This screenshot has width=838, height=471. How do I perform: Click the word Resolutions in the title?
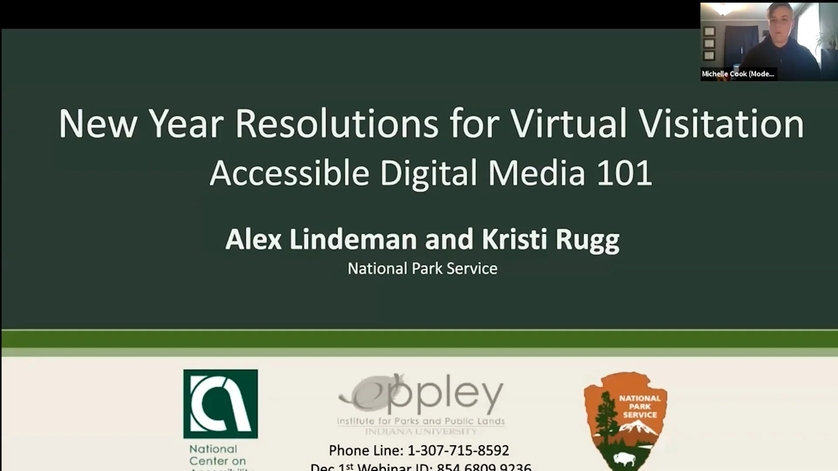[337, 124]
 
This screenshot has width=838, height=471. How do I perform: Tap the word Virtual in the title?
[569, 124]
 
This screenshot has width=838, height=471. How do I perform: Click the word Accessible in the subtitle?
[289, 173]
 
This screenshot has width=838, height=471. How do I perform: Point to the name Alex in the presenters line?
[254, 239]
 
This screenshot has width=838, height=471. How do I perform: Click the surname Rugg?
[587, 240]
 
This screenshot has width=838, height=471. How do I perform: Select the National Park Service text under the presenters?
[422, 269]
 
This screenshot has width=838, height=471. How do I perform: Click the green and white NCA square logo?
[220, 404]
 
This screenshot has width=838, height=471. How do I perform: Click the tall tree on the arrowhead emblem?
[604, 419]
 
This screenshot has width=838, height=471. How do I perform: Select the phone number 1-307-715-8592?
[458, 450]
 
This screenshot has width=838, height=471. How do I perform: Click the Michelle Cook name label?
[738, 74]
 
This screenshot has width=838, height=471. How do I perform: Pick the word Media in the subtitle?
[536, 173]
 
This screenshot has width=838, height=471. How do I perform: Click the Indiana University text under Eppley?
[421, 432]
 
